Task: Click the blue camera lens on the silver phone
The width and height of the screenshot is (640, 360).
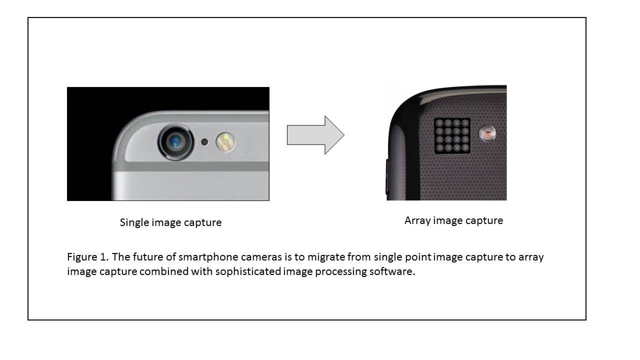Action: click(175, 141)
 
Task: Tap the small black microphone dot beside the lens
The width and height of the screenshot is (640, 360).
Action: click(204, 141)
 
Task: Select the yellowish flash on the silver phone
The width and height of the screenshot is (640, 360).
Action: click(225, 142)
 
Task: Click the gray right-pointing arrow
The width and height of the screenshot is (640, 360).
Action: click(315, 135)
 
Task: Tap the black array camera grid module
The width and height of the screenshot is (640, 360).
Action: click(452, 135)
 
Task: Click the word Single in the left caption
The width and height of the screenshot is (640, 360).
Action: click(133, 222)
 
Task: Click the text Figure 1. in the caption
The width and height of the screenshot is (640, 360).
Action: click(88, 257)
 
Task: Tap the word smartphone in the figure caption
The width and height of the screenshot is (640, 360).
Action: click(208, 257)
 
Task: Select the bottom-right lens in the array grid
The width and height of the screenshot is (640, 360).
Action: click(465, 147)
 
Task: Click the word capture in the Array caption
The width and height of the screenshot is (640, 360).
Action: click(484, 220)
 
